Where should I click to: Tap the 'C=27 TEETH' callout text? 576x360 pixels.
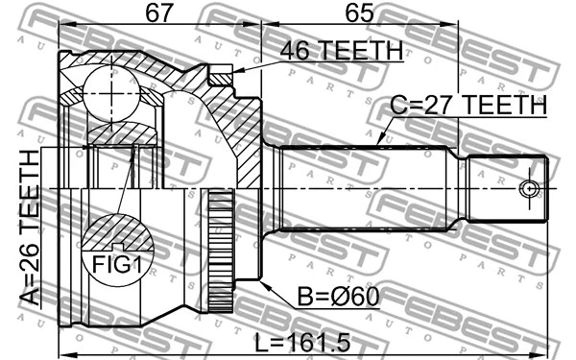pos(468,104)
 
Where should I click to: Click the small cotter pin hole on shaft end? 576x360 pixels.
pos(527,187)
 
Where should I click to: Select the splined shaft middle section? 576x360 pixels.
pos(365,187)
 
